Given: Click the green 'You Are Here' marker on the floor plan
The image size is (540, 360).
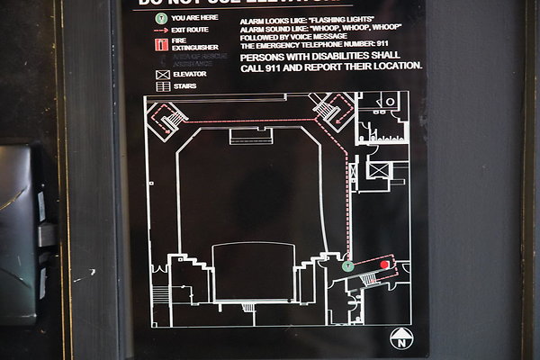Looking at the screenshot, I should [348, 265].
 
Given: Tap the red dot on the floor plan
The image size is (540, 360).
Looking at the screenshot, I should [384, 265].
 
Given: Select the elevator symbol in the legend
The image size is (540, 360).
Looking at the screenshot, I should [163, 74].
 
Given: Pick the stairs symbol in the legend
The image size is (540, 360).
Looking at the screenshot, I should [163, 86].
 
